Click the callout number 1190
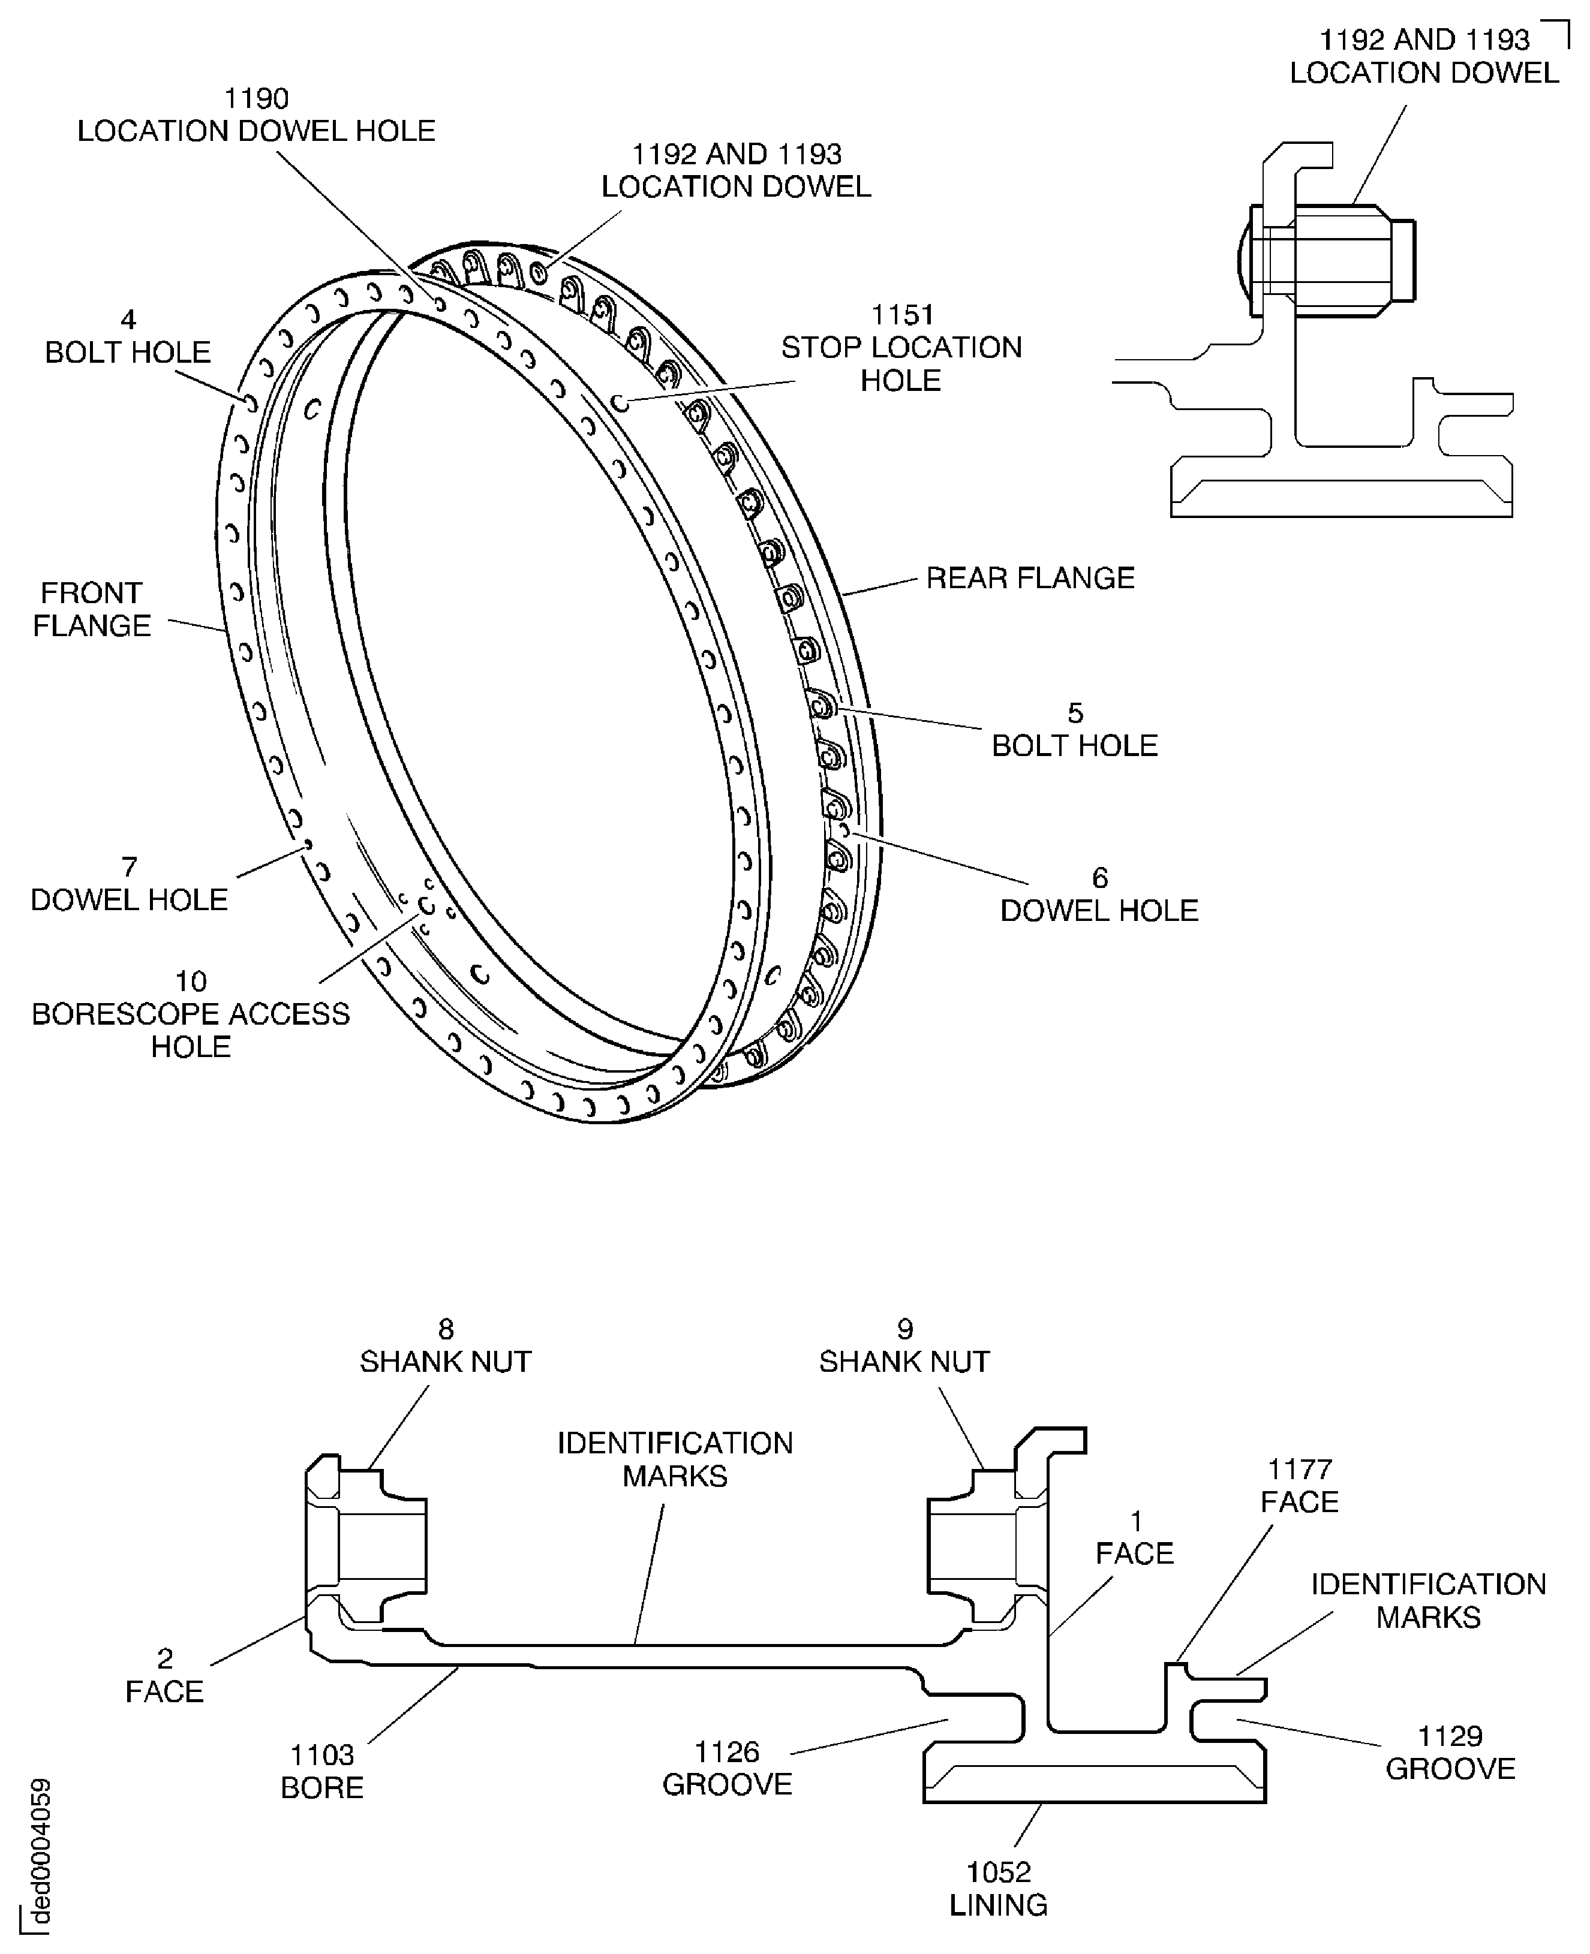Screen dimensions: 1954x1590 257,98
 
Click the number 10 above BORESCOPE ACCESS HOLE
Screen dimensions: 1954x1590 191,981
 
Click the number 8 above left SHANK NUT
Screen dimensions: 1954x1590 446,1329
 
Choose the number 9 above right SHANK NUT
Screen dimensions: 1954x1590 905,1329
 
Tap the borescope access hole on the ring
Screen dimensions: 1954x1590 426,905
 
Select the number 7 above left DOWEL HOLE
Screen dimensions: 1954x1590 129,866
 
